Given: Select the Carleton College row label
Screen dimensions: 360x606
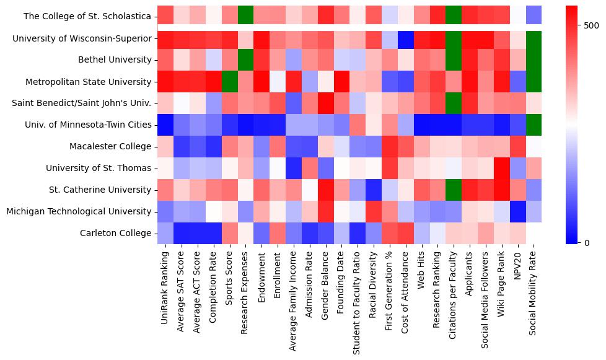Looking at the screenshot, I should click(115, 234).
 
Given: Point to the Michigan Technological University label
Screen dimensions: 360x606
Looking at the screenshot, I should click(79, 212).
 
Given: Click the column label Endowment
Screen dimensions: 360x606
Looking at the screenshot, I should click(261, 273).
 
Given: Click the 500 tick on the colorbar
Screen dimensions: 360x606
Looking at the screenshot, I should click(591, 25).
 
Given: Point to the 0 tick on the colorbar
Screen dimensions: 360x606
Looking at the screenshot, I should click(587, 242).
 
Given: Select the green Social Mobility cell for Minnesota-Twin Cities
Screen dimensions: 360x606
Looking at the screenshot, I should click(534, 125).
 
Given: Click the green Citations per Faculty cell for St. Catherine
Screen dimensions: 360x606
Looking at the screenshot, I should click(454, 190).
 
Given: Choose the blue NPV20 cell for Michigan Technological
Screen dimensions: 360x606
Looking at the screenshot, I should click(517, 212).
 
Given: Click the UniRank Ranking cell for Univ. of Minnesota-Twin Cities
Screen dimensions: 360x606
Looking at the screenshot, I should click(165, 125).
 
